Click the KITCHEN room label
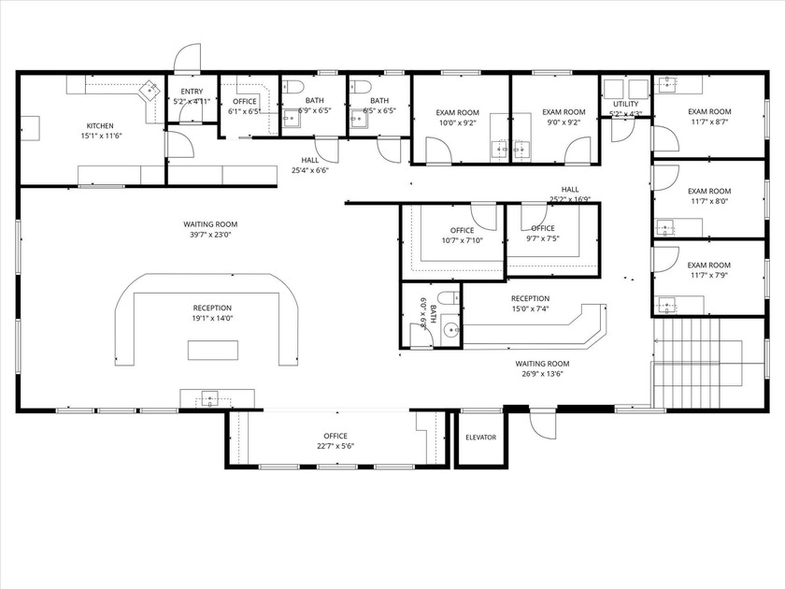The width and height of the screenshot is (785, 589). point(100,125)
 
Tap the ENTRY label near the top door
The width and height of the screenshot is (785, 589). point(192,92)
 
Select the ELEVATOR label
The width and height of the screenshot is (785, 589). point(480,438)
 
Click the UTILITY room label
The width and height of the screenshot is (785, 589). point(625,104)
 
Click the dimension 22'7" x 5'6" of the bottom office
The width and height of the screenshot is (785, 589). point(335,446)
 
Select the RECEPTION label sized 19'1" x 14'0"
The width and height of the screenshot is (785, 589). point(212,308)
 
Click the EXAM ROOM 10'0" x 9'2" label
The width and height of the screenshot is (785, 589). point(458,112)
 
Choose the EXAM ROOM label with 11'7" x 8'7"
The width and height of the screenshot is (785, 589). point(709,111)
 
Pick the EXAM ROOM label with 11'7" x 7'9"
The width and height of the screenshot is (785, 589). point(709,266)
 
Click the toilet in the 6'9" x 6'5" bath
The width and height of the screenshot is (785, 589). point(293,88)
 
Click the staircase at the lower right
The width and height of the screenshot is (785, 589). point(696,360)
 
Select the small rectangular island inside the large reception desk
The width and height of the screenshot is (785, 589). point(212,351)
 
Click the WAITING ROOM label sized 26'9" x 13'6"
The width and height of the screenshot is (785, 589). point(543,364)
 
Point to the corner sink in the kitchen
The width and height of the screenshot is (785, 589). point(148,91)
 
